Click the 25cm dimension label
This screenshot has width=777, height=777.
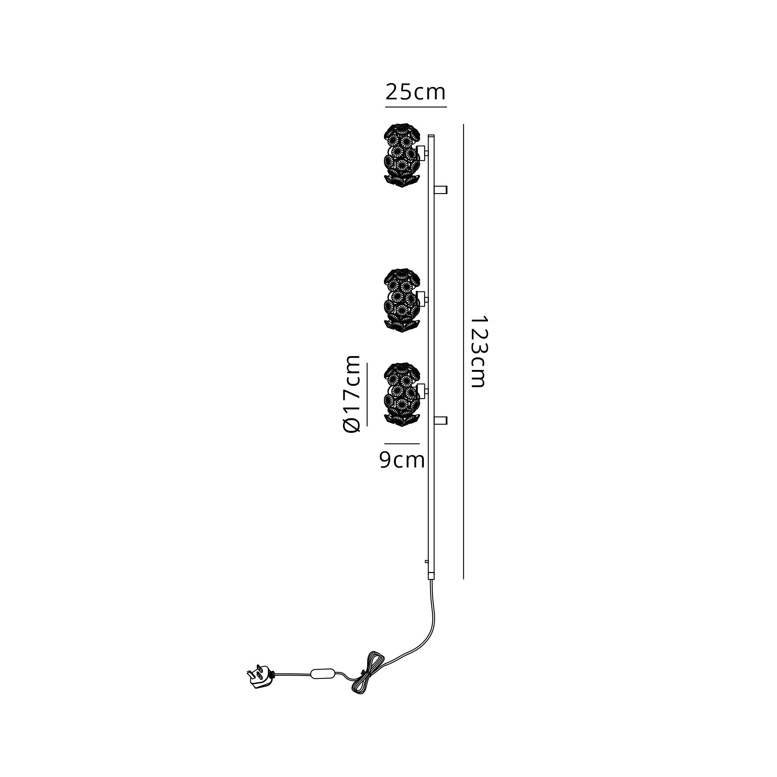(415, 92)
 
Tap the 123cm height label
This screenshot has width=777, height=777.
(479, 352)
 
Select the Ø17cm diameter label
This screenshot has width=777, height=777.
(351, 394)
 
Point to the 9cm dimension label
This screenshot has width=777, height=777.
(402, 460)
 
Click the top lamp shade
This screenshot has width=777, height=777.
(402, 155)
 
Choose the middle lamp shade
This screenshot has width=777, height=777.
(402, 300)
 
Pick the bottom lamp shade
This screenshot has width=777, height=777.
(402, 395)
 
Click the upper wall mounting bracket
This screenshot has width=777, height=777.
(441, 190)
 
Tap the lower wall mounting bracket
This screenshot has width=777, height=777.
(441, 421)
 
